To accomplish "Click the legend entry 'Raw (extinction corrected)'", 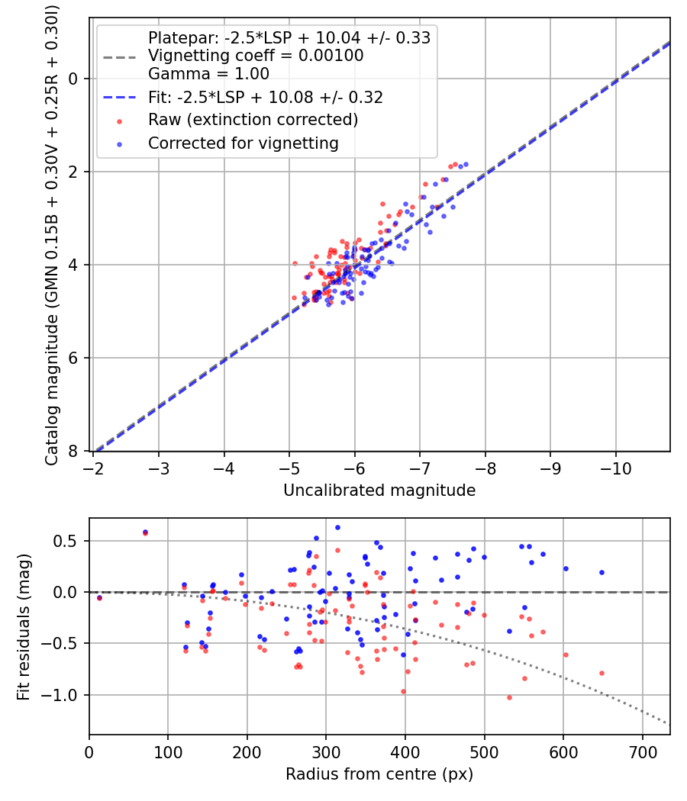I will pyautogui.click(x=253, y=121).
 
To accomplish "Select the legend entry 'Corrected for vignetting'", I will pyautogui.click(x=243, y=143).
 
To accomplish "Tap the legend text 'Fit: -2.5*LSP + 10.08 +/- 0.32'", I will pyautogui.click(x=265, y=98).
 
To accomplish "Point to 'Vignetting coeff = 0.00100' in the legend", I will pyautogui.click(x=256, y=56).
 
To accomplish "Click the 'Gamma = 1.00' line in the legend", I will pyautogui.click(x=208, y=74).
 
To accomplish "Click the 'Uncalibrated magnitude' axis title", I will pyautogui.click(x=379, y=491).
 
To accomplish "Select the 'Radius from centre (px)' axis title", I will pyautogui.click(x=379, y=774).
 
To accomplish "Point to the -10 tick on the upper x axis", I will pyautogui.click(x=616, y=466).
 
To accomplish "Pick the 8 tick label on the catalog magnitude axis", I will pyautogui.click(x=73, y=452).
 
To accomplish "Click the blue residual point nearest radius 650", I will pyautogui.click(x=602, y=572).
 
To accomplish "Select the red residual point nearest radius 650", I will pyautogui.click(x=602, y=673).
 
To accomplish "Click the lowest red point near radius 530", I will pyautogui.click(x=509, y=697).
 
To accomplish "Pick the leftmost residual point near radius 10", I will pyautogui.click(x=99, y=598).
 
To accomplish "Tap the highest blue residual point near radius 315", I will pyautogui.click(x=337, y=527).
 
